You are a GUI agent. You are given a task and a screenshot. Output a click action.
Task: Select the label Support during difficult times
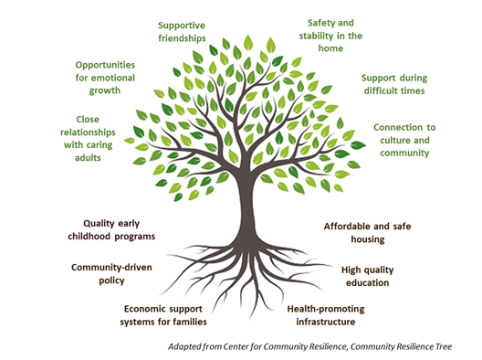click(393, 84)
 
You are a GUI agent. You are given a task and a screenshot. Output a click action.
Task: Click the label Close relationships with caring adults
click(88, 138)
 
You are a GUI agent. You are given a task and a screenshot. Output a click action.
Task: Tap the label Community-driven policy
click(110, 274)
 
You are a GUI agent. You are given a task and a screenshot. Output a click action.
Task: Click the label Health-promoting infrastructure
click(320, 315)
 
